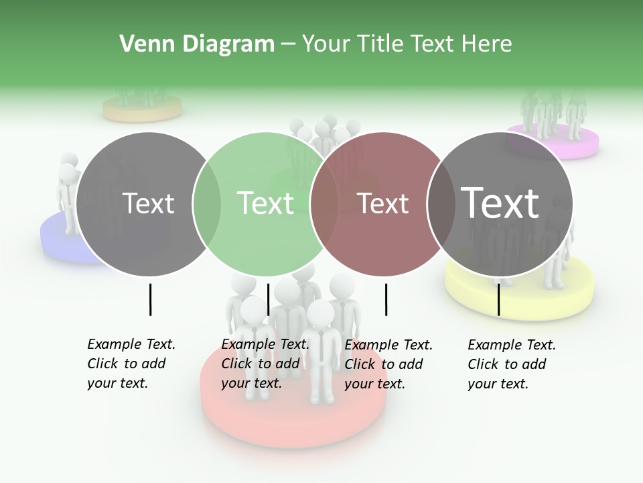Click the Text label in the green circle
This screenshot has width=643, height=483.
coord(266,203)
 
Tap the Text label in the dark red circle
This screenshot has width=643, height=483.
coord(382,203)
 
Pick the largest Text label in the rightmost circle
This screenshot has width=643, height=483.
coord(500,202)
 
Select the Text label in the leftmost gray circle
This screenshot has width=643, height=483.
coord(149,203)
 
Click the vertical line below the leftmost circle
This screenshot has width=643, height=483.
coord(150,299)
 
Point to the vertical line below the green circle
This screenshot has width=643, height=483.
coord(268,299)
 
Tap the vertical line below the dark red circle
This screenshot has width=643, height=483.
coord(386,299)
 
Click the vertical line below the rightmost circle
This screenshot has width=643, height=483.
coord(498,299)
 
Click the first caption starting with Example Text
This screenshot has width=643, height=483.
coord(131,364)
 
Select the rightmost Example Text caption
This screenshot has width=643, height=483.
coord(512,364)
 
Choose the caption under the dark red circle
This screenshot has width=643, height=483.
coord(388,364)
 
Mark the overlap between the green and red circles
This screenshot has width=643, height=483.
coord(324,204)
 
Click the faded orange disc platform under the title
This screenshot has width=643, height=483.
coord(142,109)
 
